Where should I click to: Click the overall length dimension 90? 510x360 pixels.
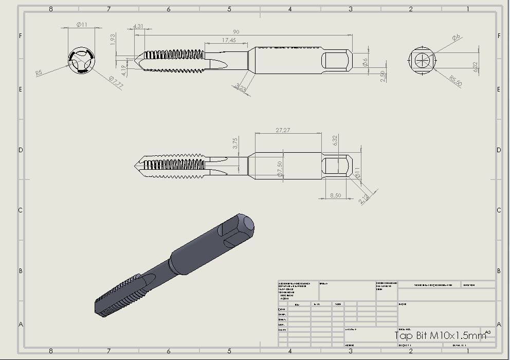(x=236, y=32)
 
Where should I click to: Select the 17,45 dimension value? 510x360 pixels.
(x=229, y=40)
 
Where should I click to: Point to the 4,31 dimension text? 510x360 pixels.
(x=138, y=26)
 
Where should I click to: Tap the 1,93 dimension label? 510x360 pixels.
(x=113, y=40)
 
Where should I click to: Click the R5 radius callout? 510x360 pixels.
(x=39, y=74)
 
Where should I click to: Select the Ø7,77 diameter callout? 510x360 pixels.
(x=116, y=82)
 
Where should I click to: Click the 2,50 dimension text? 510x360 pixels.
(x=382, y=76)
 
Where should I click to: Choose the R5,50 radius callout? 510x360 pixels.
(x=456, y=81)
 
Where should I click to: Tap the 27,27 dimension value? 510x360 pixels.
(x=283, y=130)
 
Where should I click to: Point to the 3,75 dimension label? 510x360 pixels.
(x=235, y=143)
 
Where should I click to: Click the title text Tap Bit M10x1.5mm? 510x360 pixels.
(x=440, y=336)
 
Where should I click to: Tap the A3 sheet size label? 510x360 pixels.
(x=487, y=332)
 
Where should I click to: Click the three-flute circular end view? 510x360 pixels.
(x=81, y=62)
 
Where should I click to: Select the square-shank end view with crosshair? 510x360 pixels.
(x=422, y=60)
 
